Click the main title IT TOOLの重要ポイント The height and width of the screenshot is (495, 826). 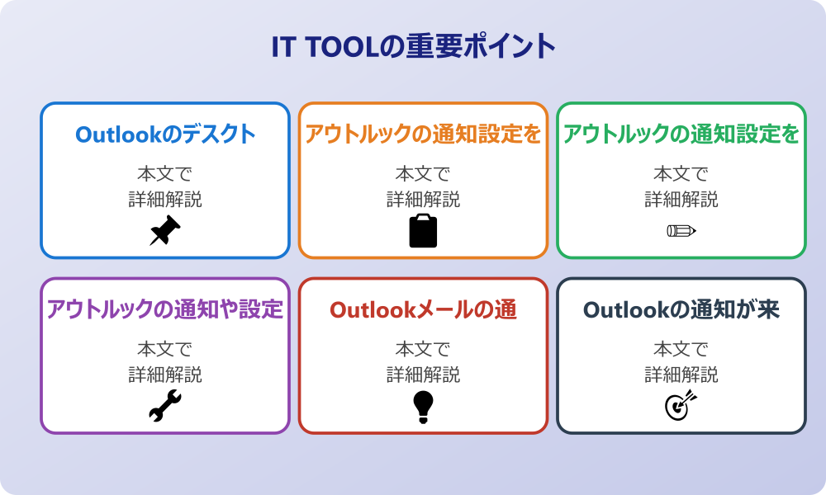(413, 47)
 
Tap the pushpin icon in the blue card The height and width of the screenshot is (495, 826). (165, 231)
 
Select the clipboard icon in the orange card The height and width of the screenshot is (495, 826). (423, 231)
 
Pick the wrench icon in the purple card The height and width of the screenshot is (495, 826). (165, 407)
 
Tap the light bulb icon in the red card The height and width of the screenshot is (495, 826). (423, 407)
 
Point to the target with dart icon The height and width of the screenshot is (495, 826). (681, 407)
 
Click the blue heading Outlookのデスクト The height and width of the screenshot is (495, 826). (165, 134)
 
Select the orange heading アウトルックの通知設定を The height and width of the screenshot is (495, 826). (423, 134)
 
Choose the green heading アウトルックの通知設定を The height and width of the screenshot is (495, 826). (681, 134)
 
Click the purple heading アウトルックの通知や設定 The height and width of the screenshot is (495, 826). (165, 309)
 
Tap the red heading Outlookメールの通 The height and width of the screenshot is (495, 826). (423, 309)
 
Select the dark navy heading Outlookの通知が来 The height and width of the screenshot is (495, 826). (681, 309)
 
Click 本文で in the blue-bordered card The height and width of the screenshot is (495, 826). (165, 174)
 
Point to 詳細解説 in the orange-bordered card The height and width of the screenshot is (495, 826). (423, 200)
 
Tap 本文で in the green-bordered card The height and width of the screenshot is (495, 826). (681, 174)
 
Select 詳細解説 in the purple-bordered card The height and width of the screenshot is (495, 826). (165, 375)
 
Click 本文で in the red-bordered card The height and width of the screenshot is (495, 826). (423, 349)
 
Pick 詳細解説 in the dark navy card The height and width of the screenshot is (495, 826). (681, 375)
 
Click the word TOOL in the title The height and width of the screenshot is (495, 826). (339, 47)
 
